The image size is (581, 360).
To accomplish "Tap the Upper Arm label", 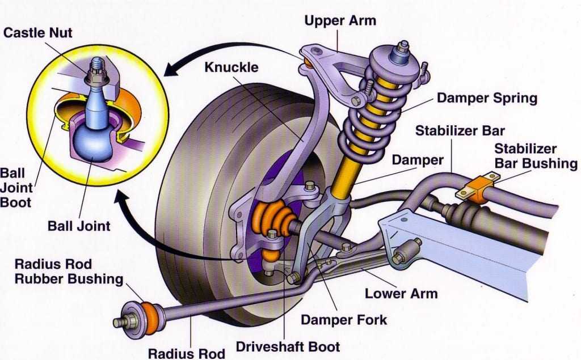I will (x=340, y=22).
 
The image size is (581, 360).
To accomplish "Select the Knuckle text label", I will (x=231, y=67).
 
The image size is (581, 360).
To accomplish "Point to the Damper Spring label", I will (x=486, y=98).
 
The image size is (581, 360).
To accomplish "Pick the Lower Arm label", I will (x=401, y=293).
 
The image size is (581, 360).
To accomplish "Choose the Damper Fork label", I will (x=344, y=319).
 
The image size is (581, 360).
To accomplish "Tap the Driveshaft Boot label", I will (x=288, y=346).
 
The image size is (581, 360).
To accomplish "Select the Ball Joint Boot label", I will (x=17, y=187).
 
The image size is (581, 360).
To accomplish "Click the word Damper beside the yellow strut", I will (x=418, y=160).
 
